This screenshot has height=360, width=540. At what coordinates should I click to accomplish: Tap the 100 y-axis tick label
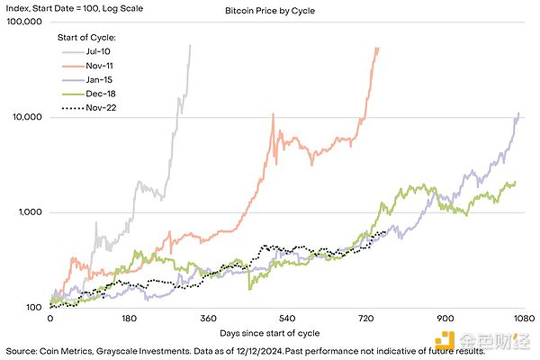point(33,308)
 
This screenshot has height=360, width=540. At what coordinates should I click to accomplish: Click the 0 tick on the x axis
point(49,319)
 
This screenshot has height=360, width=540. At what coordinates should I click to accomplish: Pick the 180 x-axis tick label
point(129,319)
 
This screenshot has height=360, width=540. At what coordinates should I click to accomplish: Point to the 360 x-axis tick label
point(208,319)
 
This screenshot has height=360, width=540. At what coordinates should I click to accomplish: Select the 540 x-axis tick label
point(287,319)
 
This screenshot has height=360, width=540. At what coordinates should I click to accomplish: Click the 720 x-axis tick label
point(365,319)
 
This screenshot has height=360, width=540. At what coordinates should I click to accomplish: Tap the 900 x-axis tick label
point(445,319)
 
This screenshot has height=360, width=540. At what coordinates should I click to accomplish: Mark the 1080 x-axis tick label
point(523,319)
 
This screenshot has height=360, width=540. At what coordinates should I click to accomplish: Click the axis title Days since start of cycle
point(286,334)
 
